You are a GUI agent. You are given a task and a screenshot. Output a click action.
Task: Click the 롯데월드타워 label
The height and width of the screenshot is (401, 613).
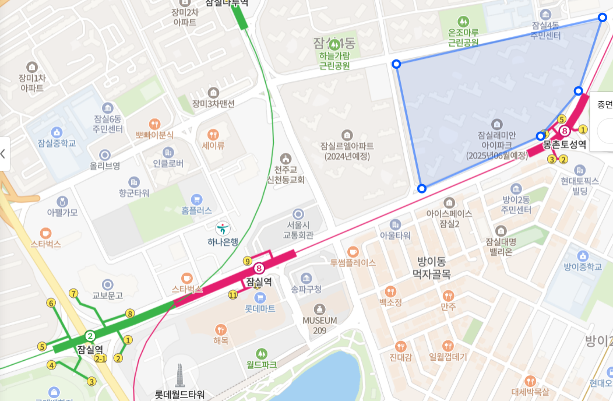click(x=179, y=395)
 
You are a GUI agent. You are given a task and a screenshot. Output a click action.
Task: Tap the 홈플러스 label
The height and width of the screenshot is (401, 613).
click(x=196, y=210)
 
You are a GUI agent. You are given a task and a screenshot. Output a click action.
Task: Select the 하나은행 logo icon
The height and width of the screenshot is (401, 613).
click(x=223, y=228)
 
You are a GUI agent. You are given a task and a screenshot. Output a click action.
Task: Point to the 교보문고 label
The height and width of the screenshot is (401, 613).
click(x=104, y=296)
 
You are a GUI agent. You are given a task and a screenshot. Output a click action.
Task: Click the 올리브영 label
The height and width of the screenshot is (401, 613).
click(x=105, y=166)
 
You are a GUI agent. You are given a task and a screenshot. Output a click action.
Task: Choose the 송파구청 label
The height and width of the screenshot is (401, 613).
click(x=306, y=289)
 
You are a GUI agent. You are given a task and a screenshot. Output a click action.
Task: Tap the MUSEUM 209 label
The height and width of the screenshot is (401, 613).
click(x=319, y=325)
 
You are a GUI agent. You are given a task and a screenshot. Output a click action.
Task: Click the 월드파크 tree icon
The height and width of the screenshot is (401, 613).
click(x=261, y=353)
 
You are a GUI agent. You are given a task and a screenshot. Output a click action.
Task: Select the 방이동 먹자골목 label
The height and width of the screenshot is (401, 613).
click(x=432, y=267)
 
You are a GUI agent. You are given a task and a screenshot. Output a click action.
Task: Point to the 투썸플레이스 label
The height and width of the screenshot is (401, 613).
click(x=353, y=262)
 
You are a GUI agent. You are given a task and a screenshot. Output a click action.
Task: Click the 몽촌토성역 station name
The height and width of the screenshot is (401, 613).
click(x=564, y=144)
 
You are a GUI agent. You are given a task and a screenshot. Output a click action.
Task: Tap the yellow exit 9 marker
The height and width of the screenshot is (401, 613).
click(x=248, y=261)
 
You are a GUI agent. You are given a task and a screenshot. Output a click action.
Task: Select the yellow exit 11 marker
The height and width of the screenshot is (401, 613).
click(x=232, y=294)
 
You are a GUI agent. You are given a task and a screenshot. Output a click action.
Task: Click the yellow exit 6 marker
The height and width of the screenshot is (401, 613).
click(x=51, y=303)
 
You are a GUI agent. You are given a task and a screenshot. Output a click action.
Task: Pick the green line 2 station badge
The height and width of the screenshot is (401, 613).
click(x=90, y=336)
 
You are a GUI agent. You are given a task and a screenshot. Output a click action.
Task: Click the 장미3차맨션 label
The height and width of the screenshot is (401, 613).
click(x=213, y=104)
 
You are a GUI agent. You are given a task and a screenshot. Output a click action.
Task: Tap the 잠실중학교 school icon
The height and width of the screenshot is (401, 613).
click(x=57, y=132)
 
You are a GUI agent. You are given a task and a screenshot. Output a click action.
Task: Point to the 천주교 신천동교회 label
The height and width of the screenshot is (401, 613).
click(x=286, y=174)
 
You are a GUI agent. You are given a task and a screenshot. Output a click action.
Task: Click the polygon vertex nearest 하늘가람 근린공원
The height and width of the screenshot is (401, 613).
click(x=396, y=64)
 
